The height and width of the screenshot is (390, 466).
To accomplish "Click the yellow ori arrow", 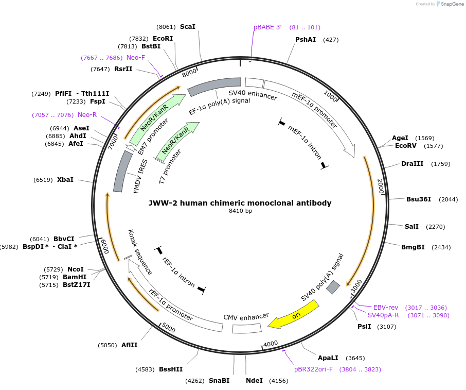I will pos(294,314).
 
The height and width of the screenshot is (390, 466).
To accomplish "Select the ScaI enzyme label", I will pos(188,26).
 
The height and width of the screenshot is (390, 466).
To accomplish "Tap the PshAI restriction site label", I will pos(306,39).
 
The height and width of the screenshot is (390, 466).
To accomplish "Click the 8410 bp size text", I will pos(241,211).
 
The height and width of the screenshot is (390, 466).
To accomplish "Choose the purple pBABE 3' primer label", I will pos(267,27).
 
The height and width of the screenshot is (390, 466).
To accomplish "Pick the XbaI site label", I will pos(65,180).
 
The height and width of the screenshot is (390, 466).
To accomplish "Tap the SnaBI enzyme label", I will pos(219,381).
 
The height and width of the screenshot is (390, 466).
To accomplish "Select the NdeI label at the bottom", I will pos(254,381).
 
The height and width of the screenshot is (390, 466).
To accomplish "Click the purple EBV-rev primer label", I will pos(386,307).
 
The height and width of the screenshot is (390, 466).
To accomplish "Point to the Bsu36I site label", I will pos(419,199).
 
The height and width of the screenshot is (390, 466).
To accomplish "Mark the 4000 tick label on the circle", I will pos(271,344).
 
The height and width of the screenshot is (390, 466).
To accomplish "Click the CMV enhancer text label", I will pos(246,316).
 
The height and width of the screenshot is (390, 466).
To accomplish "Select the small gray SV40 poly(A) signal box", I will pos(333,287).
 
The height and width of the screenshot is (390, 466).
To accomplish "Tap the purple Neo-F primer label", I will pos(136,58).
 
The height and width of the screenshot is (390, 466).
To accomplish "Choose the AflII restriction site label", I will pos(130,345).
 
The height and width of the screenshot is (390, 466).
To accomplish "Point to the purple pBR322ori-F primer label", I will pos(314,369).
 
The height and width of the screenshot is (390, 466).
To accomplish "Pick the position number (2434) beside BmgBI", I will pos(441,247).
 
